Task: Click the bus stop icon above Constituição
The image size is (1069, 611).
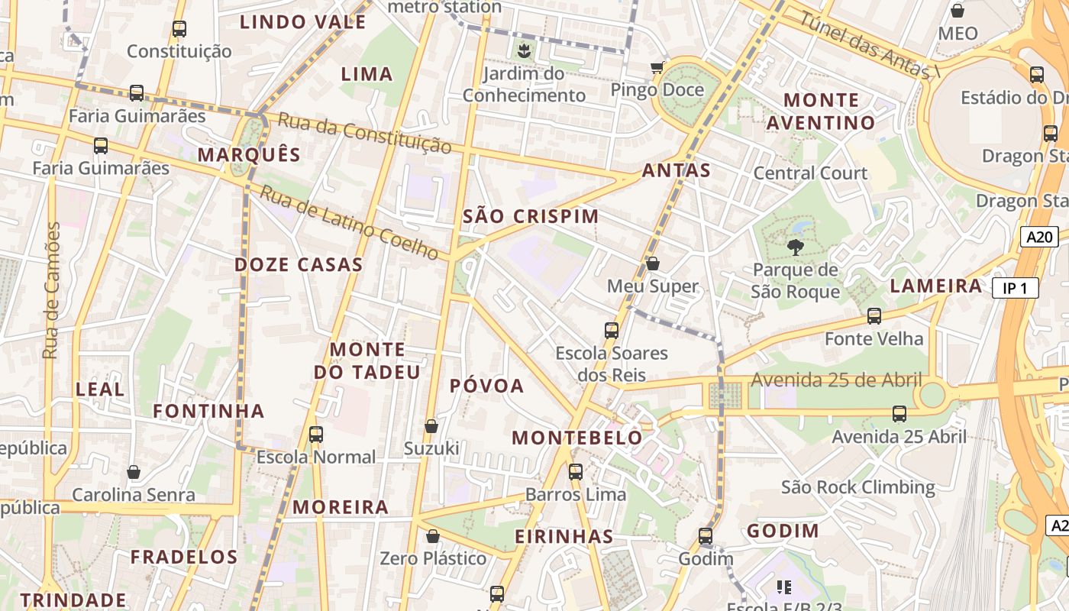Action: pos(179,29)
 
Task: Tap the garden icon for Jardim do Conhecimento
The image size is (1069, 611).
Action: pos(524,52)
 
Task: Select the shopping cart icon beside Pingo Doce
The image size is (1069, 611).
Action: pos(657,68)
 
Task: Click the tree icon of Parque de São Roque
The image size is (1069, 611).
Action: pos(795,247)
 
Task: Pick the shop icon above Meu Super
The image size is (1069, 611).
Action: pos(653,263)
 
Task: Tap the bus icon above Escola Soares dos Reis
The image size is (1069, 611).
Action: pos(612,330)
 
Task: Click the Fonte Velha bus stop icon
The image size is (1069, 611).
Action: pos(874,315)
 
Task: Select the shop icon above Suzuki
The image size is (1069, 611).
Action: pos(431,425)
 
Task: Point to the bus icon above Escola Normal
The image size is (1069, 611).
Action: pos(316,435)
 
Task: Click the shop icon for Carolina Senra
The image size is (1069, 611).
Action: pos(134,472)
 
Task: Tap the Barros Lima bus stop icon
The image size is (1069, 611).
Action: pos(576,471)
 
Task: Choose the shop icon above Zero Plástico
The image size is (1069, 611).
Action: pos(433,536)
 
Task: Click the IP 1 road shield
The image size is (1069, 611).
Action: pos(1016,288)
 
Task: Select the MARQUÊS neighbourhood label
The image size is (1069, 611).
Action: pos(249,155)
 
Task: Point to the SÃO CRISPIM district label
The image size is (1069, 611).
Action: pos(531,216)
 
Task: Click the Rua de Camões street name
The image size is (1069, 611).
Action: pos(51,290)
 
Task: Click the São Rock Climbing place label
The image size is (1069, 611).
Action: pos(857,487)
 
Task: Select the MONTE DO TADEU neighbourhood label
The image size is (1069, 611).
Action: pos(367,360)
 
